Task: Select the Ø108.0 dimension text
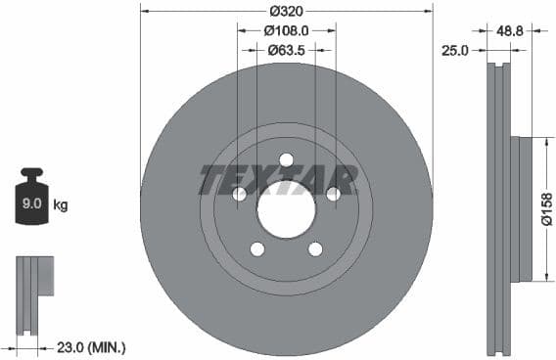coord(286,30)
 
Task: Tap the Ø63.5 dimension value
coord(286,48)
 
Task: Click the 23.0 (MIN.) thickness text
coord(92,347)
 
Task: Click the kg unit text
coord(61,205)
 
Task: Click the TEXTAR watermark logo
coord(277,179)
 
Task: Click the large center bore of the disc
coord(286,209)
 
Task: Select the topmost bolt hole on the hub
coord(286,159)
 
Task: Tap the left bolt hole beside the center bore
coord(239,194)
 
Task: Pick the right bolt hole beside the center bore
coord(333,194)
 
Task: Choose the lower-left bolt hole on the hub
coord(256,249)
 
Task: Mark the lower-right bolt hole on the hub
coord(315,249)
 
